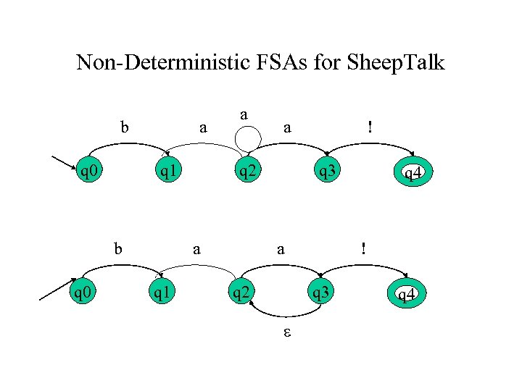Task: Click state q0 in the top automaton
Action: pyautogui.click(x=90, y=172)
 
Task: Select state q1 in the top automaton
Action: pyautogui.click(x=170, y=172)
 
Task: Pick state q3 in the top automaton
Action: pyautogui.click(x=323, y=172)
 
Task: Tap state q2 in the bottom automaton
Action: pyautogui.click(x=241, y=293)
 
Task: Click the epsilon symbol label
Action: pyautogui.click(x=286, y=334)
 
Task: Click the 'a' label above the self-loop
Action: pyautogui.click(x=245, y=114)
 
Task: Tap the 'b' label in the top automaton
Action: pyautogui.click(x=125, y=128)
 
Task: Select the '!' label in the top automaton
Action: pyautogui.click(x=370, y=127)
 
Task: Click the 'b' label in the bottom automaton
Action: pyautogui.click(x=117, y=249)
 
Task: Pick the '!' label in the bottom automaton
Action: pyautogui.click(x=364, y=248)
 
